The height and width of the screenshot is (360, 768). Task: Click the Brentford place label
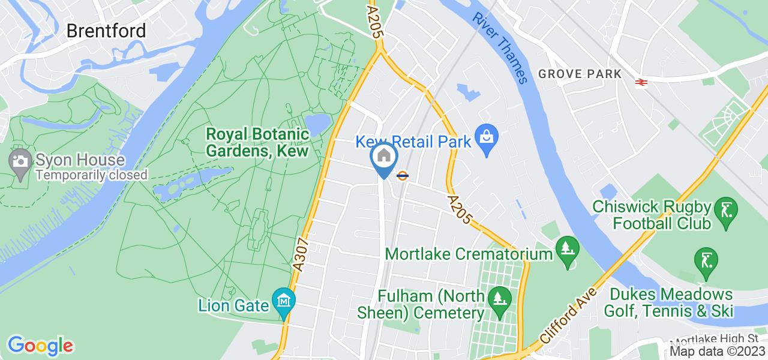[x=106, y=31]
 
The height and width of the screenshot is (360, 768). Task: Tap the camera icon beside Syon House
[x=20, y=161]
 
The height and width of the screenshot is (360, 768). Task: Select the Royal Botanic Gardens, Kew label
[x=257, y=142]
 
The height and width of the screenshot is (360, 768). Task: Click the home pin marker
[x=383, y=157]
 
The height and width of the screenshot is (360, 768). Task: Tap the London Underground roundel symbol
[x=403, y=175]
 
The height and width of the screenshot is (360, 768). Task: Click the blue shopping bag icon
[x=487, y=140]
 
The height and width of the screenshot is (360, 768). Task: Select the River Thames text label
[x=499, y=47]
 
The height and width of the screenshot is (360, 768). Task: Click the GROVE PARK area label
[x=578, y=74]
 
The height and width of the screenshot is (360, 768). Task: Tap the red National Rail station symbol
[x=640, y=82]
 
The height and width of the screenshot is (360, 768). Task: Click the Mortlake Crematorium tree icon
[x=565, y=247]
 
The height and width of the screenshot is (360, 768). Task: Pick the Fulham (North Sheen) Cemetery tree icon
[x=497, y=297]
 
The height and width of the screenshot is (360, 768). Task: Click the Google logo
[x=40, y=346]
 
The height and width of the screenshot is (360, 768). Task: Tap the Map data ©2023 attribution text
[x=718, y=351]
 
